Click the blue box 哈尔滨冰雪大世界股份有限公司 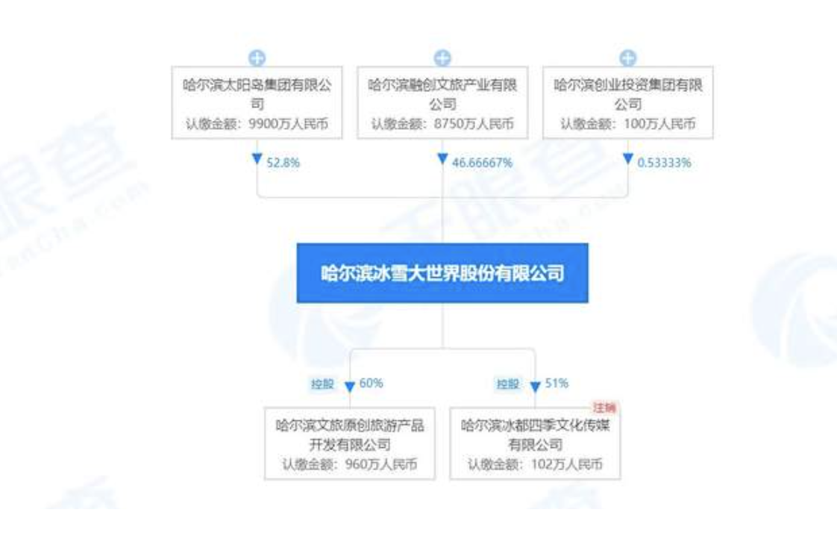click(x=442, y=273)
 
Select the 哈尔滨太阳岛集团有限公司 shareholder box click(x=257, y=105)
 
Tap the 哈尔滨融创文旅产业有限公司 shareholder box click(x=442, y=105)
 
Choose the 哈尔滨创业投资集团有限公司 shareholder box click(x=628, y=105)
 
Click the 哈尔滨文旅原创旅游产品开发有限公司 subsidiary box click(x=350, y=442)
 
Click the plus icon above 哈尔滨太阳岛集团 click(x=257, y=57)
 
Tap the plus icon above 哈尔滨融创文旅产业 click(x=442, y=57)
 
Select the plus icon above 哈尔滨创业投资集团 click(x=628, y=57)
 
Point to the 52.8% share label click(x=283, y=162)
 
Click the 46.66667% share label click(x=482, y=162)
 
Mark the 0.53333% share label click(x=664, y=162)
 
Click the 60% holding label click(x=371, y=384)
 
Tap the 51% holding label click(x=557, y=384)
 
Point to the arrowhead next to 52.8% click(x=257, y=160)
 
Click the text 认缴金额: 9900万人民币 click(x=257, y=124)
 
